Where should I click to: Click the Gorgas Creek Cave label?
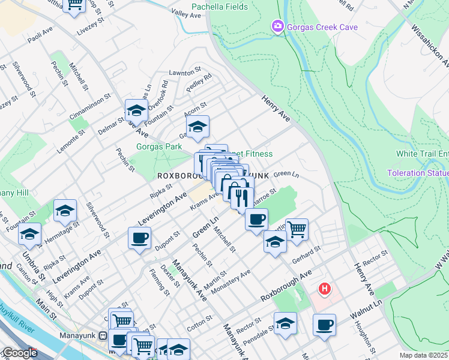(x=322, y=27)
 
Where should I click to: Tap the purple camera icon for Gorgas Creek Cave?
(x=277, y=26)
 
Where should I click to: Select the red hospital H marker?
(x=325, y=289)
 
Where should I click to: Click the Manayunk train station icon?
(x=103, y=336)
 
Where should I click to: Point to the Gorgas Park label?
(x=158, y=146)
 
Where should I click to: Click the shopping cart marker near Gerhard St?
(x=297, y=229)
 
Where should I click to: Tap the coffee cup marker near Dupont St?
(x=139, y=238)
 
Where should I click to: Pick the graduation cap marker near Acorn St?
(x=197, y=126)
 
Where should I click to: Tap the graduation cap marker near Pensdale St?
(x=285, y=323)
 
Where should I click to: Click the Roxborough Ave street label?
(x=286, y=286)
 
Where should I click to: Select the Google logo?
(x=19, y=353)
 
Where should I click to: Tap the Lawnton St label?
(x=184, y=71)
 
